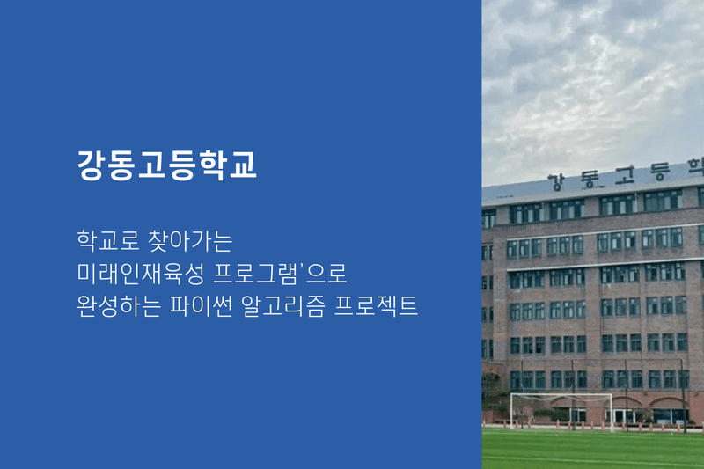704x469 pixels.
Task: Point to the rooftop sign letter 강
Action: coord(556,182)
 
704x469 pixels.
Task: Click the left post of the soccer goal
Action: coord(511,412)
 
